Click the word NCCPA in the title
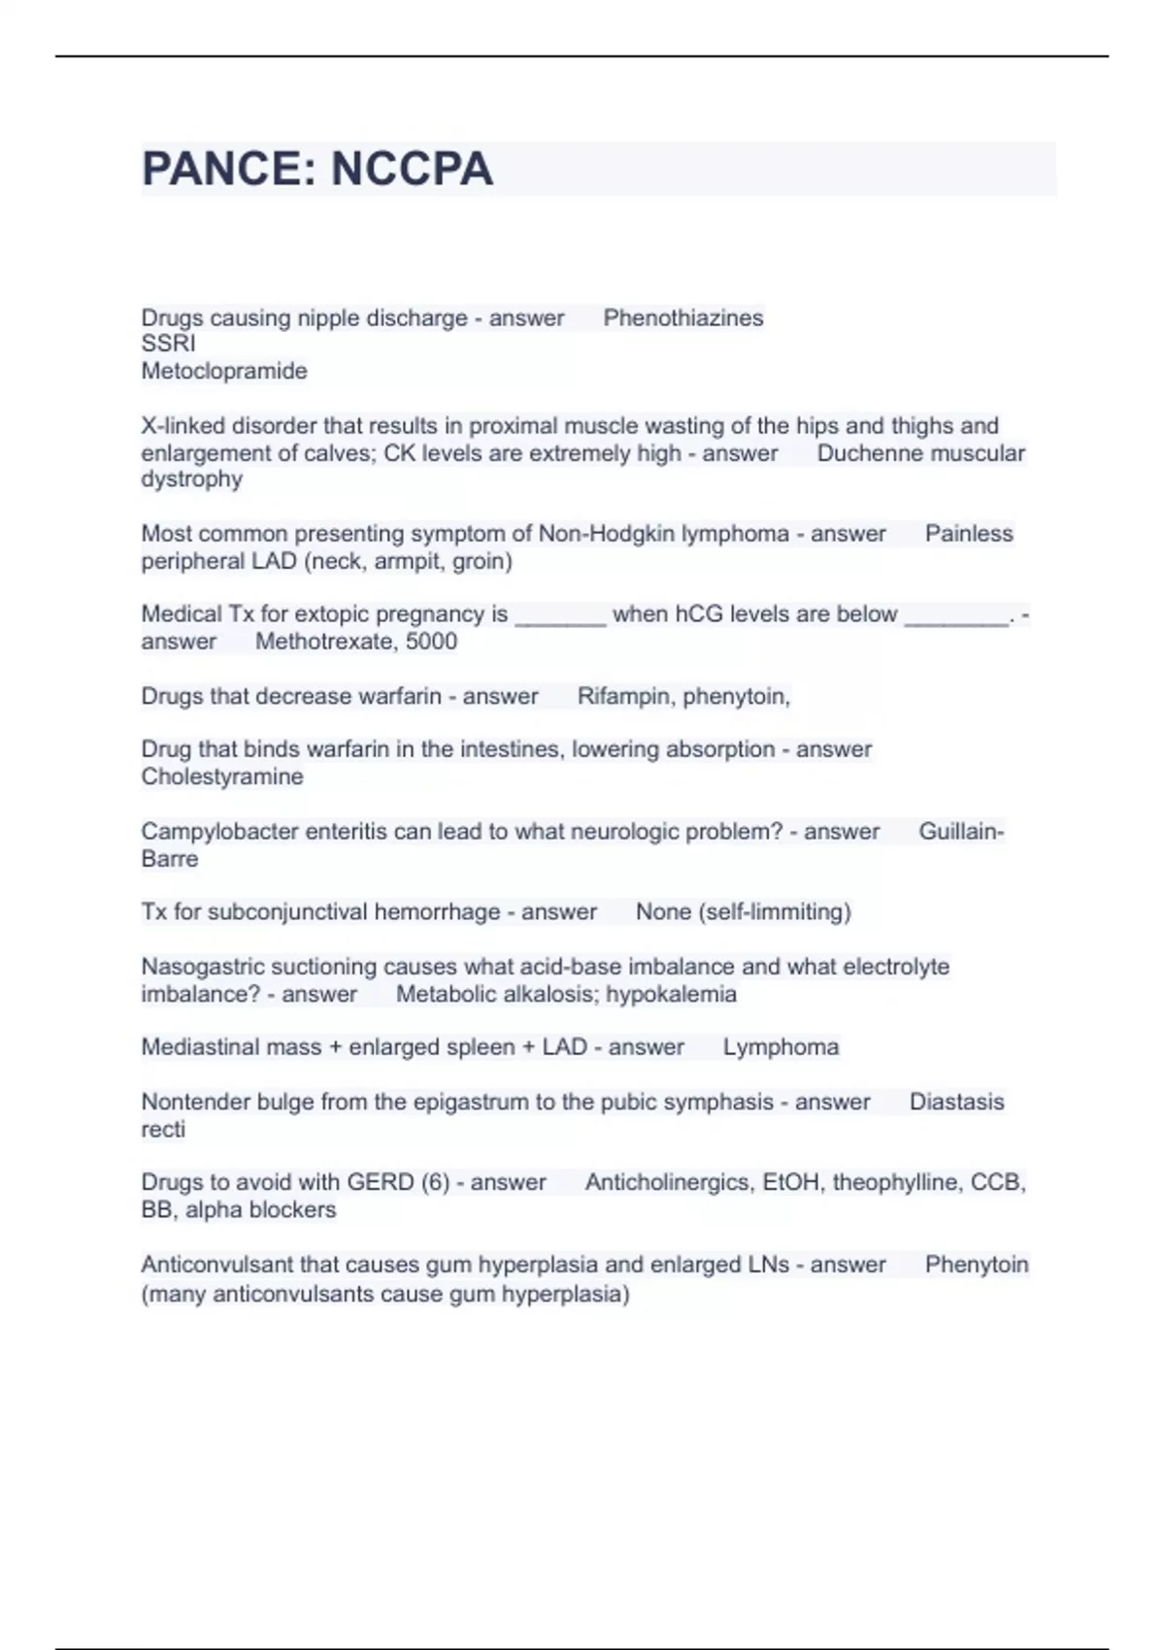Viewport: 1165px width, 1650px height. click(412, 169)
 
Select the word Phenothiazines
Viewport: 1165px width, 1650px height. click(683, 318)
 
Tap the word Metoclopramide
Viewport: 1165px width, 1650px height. click(224, 371)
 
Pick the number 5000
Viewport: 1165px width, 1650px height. click(431, 642)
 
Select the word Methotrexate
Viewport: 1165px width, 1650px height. click(323, 642)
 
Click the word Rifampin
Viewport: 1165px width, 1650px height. click(625, 697)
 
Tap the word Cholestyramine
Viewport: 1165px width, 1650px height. click(222, 776)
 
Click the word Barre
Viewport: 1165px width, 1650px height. click(170, 859)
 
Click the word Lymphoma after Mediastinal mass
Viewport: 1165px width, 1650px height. click(781, 1047)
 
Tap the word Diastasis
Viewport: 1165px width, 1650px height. click(956, 1103)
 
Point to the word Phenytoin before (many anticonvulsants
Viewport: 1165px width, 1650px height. click(976, 1265)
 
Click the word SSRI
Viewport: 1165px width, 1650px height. click(168, 344)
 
